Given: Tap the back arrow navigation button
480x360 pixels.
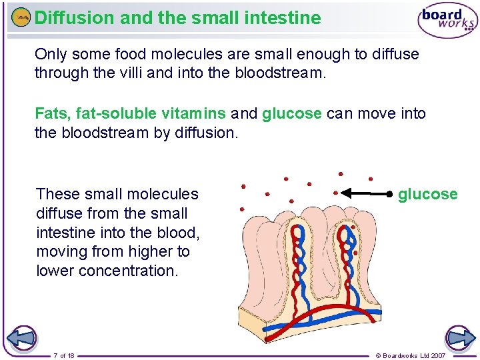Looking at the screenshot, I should pyautogui.click(x=21, y=337).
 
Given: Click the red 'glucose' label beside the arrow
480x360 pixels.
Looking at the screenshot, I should pyautogui.click(x=427, y=194).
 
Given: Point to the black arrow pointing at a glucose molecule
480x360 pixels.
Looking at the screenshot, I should pyautogui.click(x=366, y=194).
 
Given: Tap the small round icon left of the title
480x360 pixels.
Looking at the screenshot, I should pyautogui.click(x=21, y=18).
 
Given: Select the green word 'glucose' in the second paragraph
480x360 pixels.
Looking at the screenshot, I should pyautogui.click(x=292, y=114).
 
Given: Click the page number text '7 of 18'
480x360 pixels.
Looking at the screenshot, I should pyautogui.click(x=64, y=355).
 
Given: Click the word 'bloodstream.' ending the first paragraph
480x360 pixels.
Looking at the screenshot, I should pyautogui.click(x=281, y=73).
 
